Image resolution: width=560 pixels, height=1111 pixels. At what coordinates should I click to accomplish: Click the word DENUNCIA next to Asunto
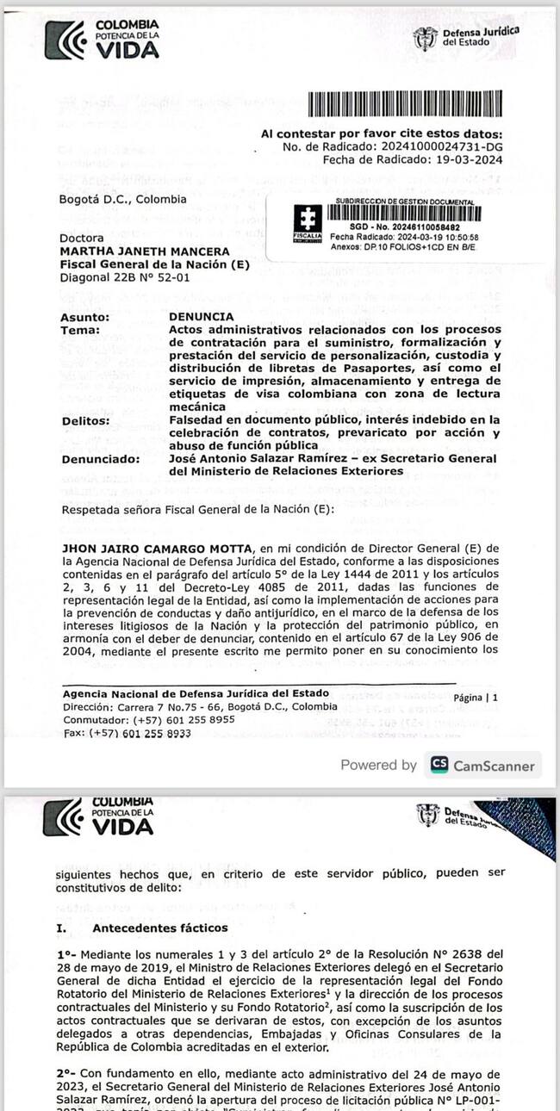[x=202, y=317]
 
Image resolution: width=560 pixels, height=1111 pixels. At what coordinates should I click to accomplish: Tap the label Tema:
[x=80, y=330]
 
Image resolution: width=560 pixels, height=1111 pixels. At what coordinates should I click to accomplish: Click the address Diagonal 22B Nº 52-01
[x=125, y=277]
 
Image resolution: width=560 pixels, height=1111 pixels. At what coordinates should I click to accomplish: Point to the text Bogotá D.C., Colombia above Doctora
[x=122, y=199]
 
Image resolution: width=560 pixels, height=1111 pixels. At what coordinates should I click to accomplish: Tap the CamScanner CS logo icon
[x=439, y=765]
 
